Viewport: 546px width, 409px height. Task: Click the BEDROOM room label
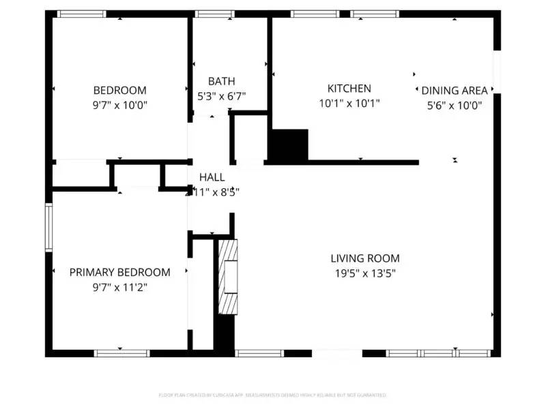[119, 90]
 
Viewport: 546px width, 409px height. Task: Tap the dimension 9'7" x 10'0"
[119, 105]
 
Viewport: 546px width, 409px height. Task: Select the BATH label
[221, 81]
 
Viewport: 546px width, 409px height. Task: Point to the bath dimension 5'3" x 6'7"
[221, 97]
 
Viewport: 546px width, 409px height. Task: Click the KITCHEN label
[349, 89]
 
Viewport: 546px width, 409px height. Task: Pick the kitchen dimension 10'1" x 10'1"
[349, 104]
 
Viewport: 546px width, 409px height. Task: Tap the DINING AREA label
[455, 91]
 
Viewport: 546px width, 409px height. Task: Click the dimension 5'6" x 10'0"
[455, 106]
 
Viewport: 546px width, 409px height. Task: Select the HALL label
[212, 177]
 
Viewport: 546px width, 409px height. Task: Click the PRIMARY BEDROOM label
[119, 272]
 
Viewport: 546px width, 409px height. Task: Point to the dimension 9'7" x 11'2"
[119, 288]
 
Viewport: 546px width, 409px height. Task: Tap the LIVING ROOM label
[364, 258]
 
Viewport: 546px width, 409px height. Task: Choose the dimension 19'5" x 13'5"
[364, 274]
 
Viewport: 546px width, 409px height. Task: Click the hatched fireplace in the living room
[229, 276]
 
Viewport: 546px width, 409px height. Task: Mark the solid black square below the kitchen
[288, 145]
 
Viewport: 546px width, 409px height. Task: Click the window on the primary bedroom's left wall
[48, 226]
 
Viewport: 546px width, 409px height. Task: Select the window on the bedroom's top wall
[81, 14]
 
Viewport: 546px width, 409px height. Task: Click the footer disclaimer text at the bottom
[273, 395]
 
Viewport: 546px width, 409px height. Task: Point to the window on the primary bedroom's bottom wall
[121, 353]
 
